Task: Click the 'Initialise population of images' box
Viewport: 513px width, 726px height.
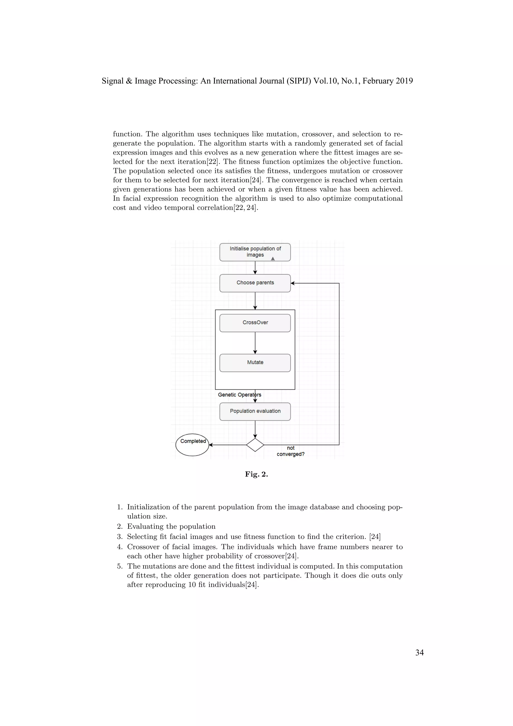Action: [255, 252]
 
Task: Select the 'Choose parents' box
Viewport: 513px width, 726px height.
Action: [255, 283]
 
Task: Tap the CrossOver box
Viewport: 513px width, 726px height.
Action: [255, 323]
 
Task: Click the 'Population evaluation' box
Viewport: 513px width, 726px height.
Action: [255, 411]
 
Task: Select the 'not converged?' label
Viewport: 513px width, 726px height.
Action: [291, 451]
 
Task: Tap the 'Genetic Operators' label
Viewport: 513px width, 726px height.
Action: [239, 395]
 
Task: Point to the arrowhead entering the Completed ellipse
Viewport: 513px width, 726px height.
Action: [211, 445]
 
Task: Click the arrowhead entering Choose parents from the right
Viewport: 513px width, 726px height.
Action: [293, 283]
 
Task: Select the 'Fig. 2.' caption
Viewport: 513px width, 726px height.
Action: [256, 474]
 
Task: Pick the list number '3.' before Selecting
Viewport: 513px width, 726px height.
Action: [120, 536]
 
